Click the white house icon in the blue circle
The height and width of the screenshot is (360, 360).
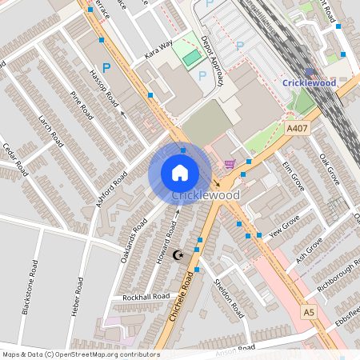coord(180,173)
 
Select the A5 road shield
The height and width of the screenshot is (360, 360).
coord(309,312)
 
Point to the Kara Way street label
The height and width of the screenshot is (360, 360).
coord(158,48)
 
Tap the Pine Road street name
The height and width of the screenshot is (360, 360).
coord(82,106)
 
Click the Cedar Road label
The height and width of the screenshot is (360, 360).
coord(14,161)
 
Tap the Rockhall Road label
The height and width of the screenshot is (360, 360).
coord(146,297)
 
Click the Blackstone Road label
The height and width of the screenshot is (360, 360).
coord(30,288)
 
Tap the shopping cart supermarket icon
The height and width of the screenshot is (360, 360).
coord(230,165)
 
